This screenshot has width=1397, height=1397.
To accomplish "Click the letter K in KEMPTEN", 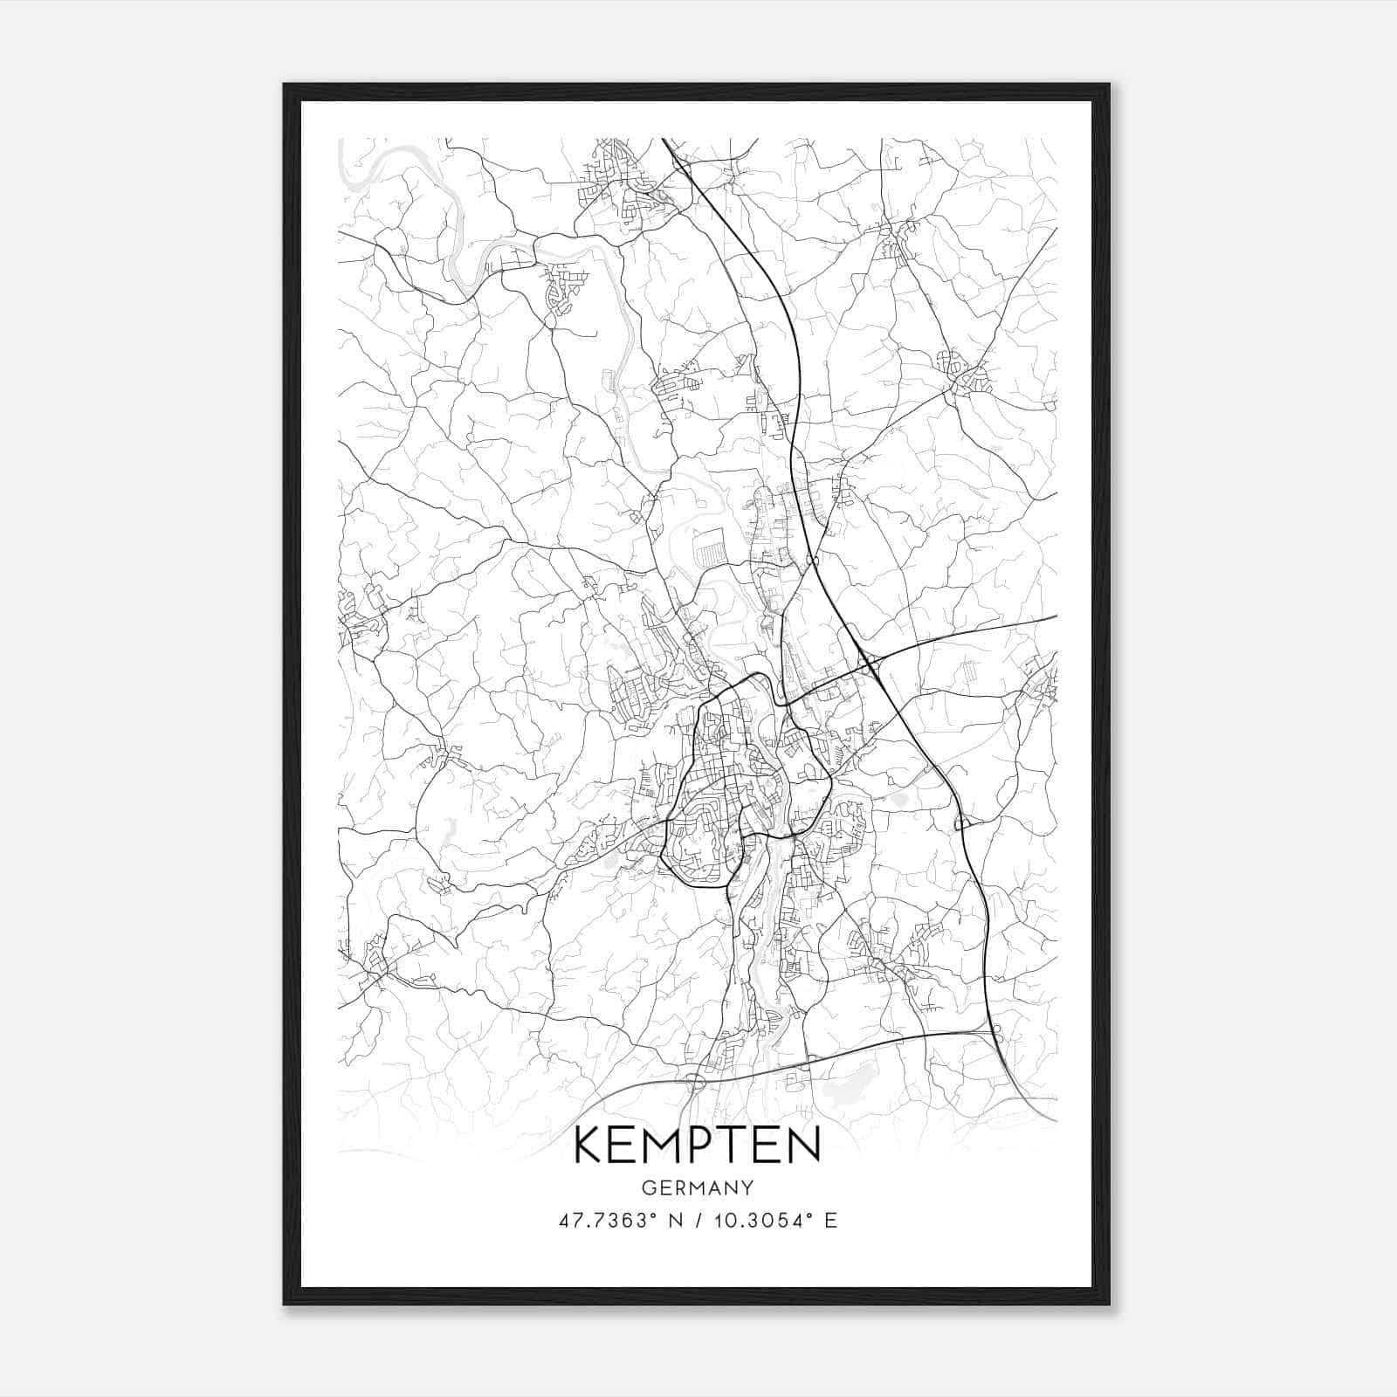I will (590, 1146).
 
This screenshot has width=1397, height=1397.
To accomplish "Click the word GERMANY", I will (698, 1188).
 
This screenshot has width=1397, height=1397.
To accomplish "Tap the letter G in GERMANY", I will (649, 1188).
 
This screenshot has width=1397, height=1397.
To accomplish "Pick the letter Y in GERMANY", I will (747, 1188).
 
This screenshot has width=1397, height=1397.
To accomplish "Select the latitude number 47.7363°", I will (608, 1221).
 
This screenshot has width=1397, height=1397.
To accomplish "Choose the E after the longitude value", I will (831, 1221).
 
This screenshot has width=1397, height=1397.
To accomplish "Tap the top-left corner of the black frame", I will (285, 86).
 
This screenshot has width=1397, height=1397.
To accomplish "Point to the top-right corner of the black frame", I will (1108, 86).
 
